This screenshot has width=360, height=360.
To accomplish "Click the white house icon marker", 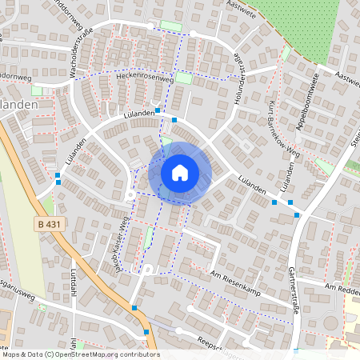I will pyautogui.click(x=180, y=172).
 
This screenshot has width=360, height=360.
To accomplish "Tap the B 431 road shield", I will pyautogui.click(x=50, y=226).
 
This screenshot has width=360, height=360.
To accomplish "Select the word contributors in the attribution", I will pyautogui.click(x=138, y=354).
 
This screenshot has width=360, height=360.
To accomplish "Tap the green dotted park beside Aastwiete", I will pyautogui.click(x=312, y=28).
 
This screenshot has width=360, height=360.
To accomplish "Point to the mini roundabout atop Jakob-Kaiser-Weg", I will pyautogui.click(x=130, y=194).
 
